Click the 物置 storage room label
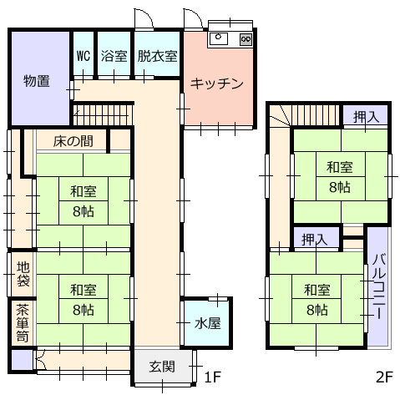pyautogui.click(x=37, y=81)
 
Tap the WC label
pyautogui.click(x=84, y=56)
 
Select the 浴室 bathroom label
pyautogui.click(x=114, y=56)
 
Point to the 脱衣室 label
pyautogui.click(x=157, y=56)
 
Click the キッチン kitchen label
pyautogui.click(x=217, y=84)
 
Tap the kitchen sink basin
pyautogui.click(x=219, y=39)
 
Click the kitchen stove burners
pyautogui.click(x=246, y=39)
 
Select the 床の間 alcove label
pyautogui.click(x=73, y=141)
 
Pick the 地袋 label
pyautogui.click(x=23, y=274)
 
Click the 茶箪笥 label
pyautogui.click(x=23, y=323)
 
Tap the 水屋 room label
pyautogui.click(x=207, y=323)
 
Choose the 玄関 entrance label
pyautogui.click(x=162, y=367)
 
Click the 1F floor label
pyautogui.click(x=212, y=377)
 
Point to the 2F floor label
pyautogui.click(x=384, y=377)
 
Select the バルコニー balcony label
pyautogui.click(x=379, y=286)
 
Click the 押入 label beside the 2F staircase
pyautogui.click(x=366, y=117)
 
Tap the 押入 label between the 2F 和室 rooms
pyautogui.click(x=315, y=240)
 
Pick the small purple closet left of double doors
pyautogui.click(x=22, y=360)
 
